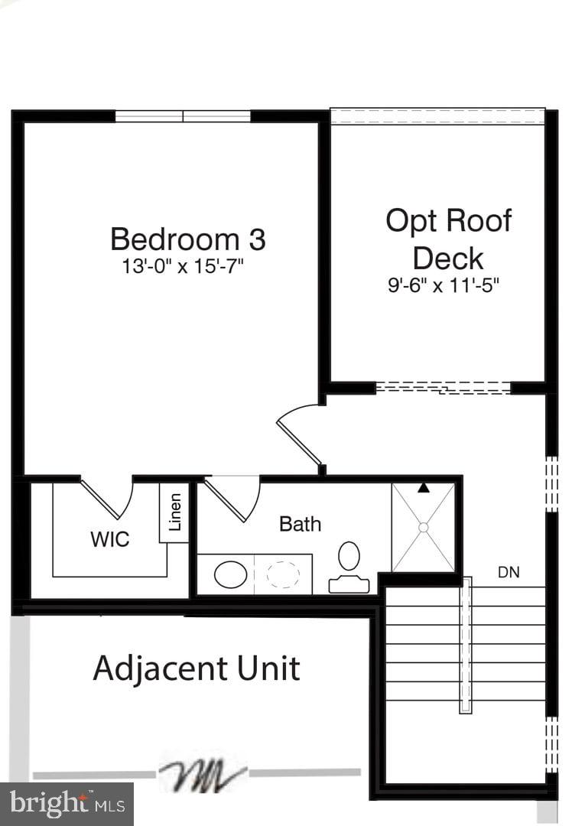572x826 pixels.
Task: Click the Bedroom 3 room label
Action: coord(188,239)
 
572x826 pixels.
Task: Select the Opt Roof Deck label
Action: coord(448,239)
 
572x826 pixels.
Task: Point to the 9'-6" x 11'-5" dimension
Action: coord(448,286)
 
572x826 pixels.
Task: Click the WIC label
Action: coord(110,539)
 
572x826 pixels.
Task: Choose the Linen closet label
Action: coord(175,512)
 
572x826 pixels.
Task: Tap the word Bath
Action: coord(300,524)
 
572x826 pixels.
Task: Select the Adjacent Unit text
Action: coord(197,668)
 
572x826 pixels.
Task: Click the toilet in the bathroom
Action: coord(349,566)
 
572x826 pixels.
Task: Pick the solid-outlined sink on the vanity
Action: coord(230,574)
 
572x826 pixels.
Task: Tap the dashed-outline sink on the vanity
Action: coord(283,574)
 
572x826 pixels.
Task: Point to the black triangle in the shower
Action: coord(423,487)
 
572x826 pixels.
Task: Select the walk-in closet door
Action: coord(109,498)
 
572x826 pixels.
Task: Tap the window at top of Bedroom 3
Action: coord(183,116)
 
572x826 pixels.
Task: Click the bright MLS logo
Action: coord(67,804)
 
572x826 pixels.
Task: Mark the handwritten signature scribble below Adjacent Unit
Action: coord(203,775)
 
